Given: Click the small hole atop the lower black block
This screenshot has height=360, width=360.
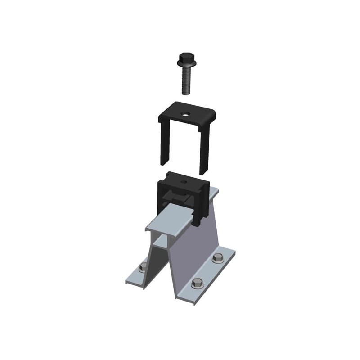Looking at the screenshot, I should point(183,182).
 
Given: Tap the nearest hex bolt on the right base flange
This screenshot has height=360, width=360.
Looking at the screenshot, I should point(197,283).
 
